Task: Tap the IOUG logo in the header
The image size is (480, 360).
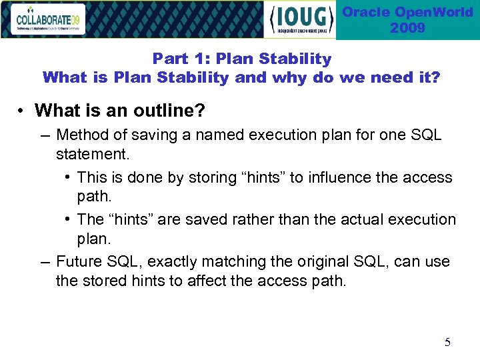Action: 300,20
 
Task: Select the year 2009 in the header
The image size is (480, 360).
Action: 407,28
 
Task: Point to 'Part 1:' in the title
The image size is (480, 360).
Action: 175,59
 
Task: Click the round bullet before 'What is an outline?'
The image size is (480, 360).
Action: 23,110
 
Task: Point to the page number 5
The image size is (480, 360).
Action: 447,343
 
